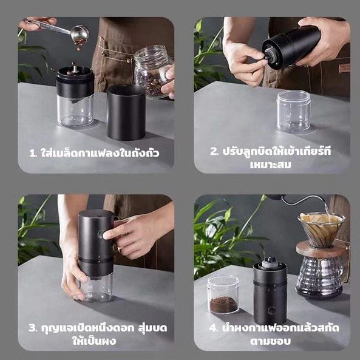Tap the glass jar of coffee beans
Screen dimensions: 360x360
(x=152, y=72)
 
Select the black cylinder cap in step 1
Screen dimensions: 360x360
(x=126, y=112)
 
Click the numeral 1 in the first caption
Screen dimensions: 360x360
(x=33, y=154)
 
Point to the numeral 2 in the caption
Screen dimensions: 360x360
(x=214, y=152)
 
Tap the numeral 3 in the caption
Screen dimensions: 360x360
(x=33, y=328)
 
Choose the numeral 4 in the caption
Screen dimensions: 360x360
(x=213, y=328)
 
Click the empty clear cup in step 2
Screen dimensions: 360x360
(x=294, y=111)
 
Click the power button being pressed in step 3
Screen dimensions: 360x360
(x=101, y=235)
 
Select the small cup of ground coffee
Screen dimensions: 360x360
(x=223, y=294)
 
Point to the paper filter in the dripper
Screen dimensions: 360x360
(x=321, y=226)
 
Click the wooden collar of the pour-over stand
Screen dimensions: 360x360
(x=321, y=250)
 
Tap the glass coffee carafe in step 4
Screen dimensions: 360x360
(x=319, y=277)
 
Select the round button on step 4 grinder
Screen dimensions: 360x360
(x=271, y=311)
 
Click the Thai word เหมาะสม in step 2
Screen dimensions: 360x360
(x=271, y=165)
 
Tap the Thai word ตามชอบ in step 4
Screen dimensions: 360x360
(x=271, y=341)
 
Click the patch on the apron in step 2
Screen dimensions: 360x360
(x=344, y=69)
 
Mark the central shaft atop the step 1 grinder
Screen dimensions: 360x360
(x=75, y=69)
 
